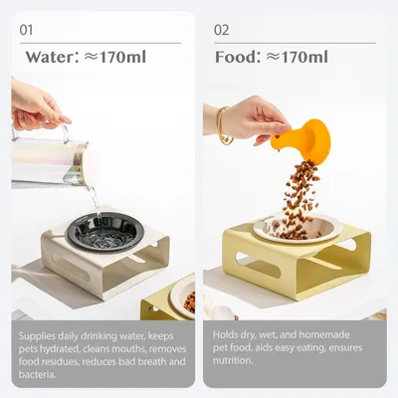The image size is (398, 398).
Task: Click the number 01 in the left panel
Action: pos(26,30)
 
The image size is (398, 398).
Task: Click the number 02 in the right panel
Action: pos(221,30)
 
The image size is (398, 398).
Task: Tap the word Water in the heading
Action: pos(51,57)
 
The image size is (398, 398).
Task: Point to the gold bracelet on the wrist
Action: pos(223,126)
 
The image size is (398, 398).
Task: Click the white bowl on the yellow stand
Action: pos(298,228)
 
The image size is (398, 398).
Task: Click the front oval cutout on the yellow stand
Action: pos(258,265)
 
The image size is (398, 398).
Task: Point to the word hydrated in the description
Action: pos(60,349)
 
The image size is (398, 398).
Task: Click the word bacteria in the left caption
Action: pos(37,374)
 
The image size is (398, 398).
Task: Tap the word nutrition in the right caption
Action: pos(232,360)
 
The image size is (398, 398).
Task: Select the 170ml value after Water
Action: pos(122,57)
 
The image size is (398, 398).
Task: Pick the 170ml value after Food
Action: pos(304,57)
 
